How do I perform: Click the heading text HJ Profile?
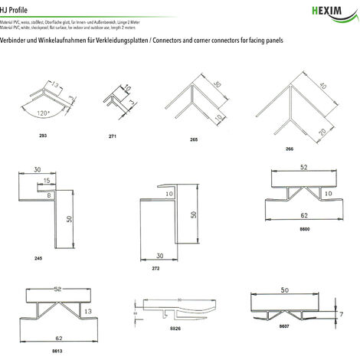point(18,5)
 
